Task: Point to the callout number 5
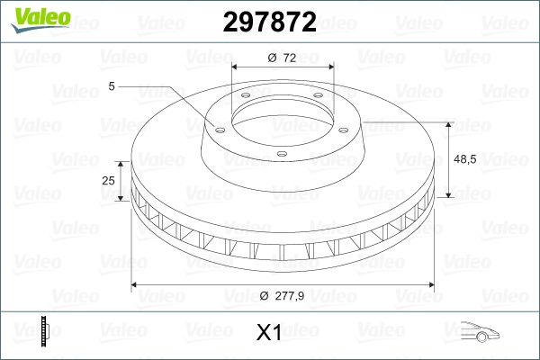[x=112, y=86]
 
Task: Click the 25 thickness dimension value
[x=109, y=181]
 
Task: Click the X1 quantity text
[x=269, y=333]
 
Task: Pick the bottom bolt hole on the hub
[x=281, y=154]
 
